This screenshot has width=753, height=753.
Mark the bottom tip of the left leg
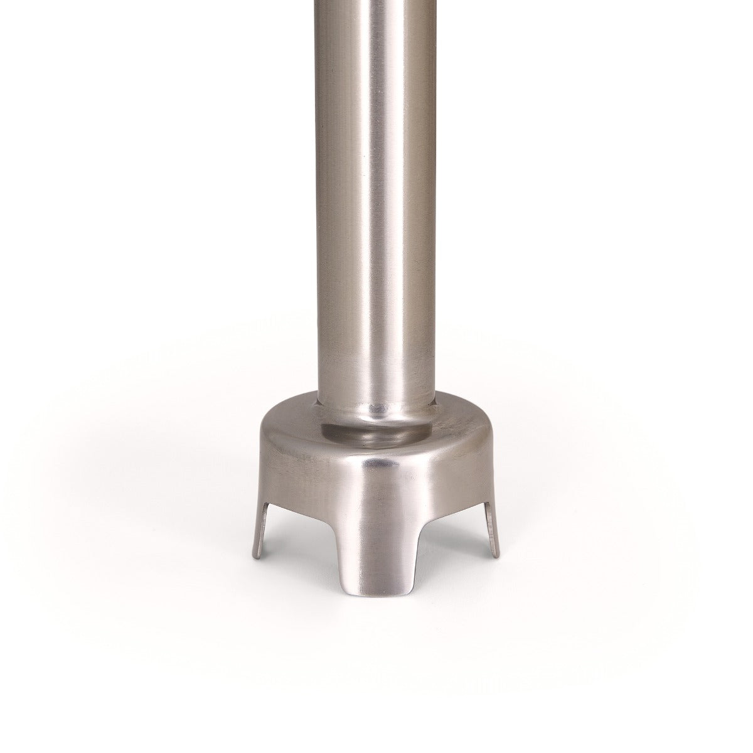point(258,556)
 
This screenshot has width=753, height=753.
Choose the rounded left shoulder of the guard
point(267,439)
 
